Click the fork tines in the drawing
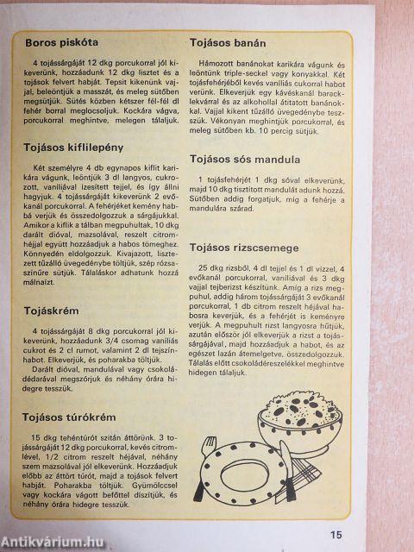[x=209, y=448]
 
